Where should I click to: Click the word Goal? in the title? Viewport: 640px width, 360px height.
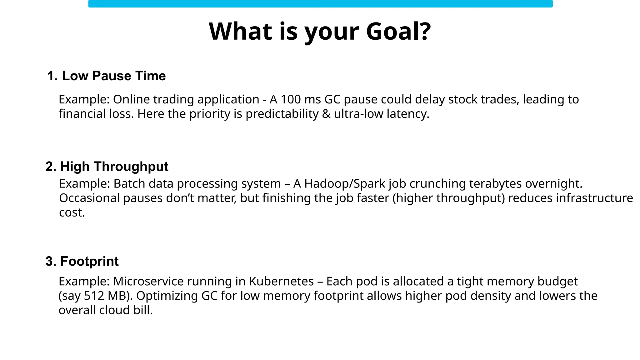click(x=398, y=31)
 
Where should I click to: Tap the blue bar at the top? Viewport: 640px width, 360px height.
click(x=320, y=4)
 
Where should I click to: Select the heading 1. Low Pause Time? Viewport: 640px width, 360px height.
click(x=106, y=76)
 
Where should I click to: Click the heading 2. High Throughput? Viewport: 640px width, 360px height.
click(x=107, y=167)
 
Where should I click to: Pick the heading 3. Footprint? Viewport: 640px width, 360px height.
click(x=82, y=261)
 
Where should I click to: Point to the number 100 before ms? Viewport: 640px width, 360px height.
click(x=290, y=99)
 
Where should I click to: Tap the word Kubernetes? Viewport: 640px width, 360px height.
click(x=281, y=281)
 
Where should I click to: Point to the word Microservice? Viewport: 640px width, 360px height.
click(x=148, y=281)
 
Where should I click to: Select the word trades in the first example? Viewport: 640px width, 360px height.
click(x=500, y=99)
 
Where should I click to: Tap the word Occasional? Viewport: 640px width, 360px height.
click(x=89, y=198)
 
